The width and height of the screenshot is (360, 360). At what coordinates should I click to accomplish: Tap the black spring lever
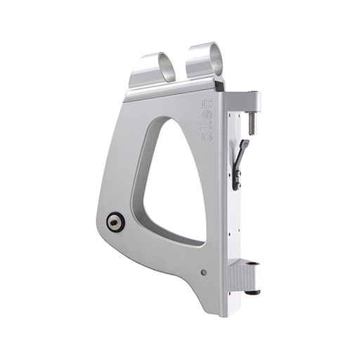(x=240, y=158)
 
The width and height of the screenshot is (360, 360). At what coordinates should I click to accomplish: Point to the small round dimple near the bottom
(x=204, y=271)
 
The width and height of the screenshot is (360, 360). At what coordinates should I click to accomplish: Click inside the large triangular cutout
(x=172, y=183)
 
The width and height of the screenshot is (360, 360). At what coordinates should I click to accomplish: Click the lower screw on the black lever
(x=237, y=185)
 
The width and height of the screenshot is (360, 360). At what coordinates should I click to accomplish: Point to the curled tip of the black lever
(x=245, y=142)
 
